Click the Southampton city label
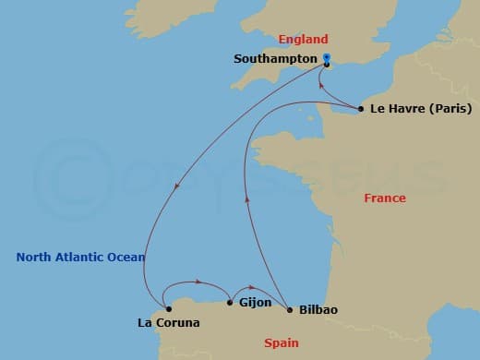click(274, 57)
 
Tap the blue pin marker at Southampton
click(327, 58)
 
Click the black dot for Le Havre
click(360, 110)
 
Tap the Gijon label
click(255, 302)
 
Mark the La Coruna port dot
click(168, 309)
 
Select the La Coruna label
click(168, 324)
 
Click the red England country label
click(303, 39)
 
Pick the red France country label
click(384, 198)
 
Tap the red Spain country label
click(281, 342)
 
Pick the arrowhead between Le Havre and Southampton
click(321, 85)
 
